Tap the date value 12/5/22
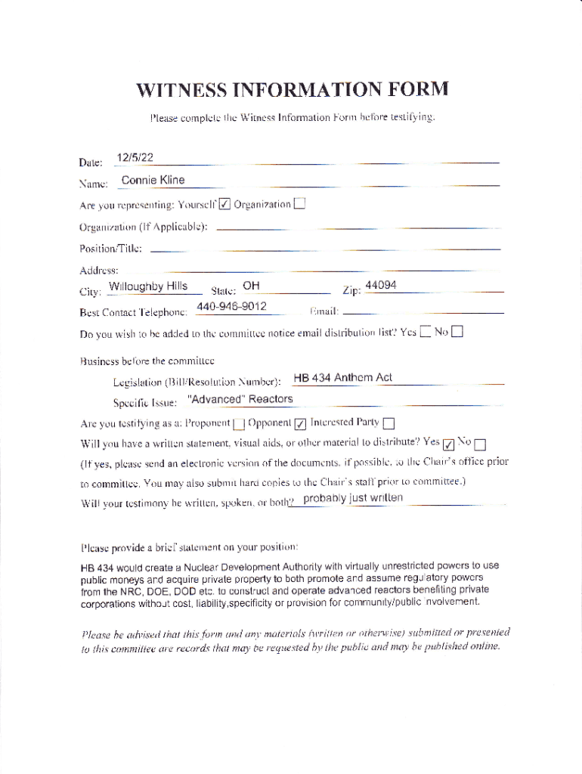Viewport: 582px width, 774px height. (x=135, y=158)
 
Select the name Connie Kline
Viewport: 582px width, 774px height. (x=153, y=181)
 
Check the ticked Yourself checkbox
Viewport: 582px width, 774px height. (x=224, y=204)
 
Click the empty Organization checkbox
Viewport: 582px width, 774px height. (x=300, y=203)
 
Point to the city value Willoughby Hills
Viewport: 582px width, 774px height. (x=148, y=286)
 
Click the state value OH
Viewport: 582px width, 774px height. (x=252, y=286)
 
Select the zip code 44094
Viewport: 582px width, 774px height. (x=381, y=286)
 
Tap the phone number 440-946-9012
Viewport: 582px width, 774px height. (x=231, y=307)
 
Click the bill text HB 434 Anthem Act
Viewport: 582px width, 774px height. (x=342, y=378)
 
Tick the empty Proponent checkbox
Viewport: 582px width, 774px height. (x=239, y=423)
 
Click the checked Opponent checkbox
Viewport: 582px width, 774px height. (x=299, y=423)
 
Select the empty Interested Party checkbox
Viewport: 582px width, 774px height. (x=389, y=423)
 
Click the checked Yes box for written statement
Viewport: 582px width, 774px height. (x=449, y=444)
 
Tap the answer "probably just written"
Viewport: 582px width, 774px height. (x=352, y=498)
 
